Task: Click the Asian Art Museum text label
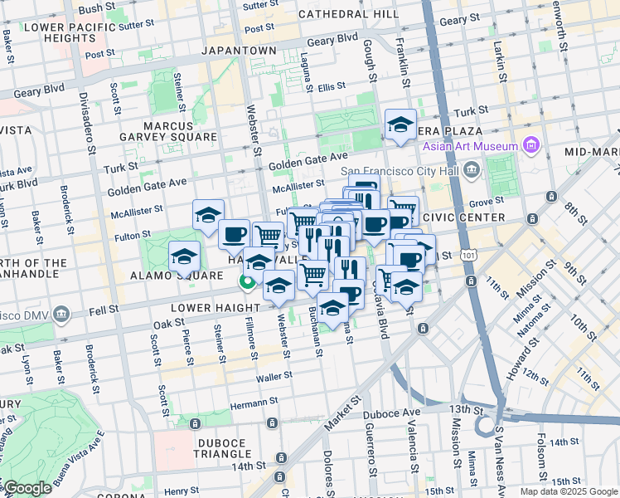point(470,146)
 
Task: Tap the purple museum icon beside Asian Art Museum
point(531,146)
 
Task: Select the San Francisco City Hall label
point(402,172)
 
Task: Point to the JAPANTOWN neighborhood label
point(240,51)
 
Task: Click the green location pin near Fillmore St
point(247,283)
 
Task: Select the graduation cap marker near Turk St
point(400,126)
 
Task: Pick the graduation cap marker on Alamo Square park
point(184,255)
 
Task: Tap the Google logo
point(27,488)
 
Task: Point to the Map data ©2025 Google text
point(569,491)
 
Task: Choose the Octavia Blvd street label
point(384,324)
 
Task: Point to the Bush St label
point(96,7)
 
